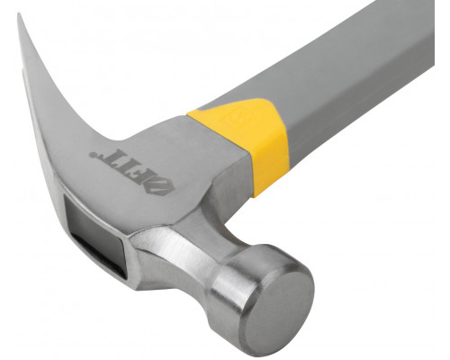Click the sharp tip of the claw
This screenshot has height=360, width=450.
point(19,13)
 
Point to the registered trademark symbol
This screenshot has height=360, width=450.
point(93,155)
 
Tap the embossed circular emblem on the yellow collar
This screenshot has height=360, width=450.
point(235,116)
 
